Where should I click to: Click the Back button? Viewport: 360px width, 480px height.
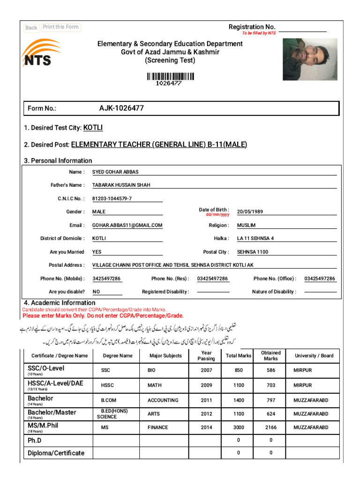[31, 28]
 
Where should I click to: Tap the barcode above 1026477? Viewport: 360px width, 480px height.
[170, 76]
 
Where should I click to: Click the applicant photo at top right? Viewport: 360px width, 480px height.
[309, 60]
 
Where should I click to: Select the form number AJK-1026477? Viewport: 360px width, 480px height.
[121, 108]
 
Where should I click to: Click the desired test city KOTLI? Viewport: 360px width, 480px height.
[93, 128]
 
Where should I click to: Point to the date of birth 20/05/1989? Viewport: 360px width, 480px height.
[250, 212]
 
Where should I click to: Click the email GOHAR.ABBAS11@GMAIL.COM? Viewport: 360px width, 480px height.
[127, 225]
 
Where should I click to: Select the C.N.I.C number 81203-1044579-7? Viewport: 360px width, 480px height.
[112, 199]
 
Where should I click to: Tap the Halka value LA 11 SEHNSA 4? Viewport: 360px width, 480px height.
[255, 239]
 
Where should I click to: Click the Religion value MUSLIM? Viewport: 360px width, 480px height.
[247, 225]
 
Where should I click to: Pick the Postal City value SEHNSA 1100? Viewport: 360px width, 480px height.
[253, 252]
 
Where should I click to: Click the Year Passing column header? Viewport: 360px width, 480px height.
[206, 356]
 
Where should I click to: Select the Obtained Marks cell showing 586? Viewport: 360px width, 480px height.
[270, 370]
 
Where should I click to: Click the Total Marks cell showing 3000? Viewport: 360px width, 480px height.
[239, 428]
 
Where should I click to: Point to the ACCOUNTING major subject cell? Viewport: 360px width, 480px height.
[163, 400]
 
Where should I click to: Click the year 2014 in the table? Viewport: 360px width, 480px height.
[206, 428]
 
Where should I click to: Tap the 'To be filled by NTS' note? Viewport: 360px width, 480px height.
[259, 33]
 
